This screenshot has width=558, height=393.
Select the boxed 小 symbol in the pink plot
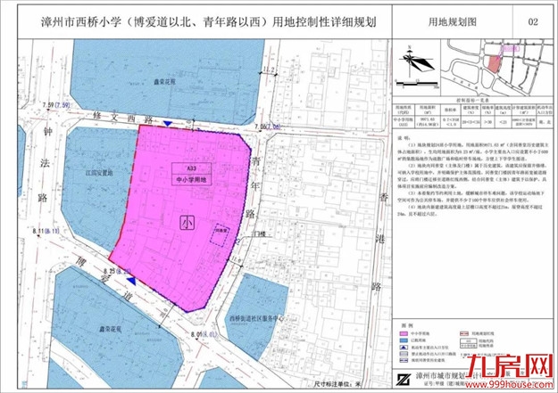tap(186, 222)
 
